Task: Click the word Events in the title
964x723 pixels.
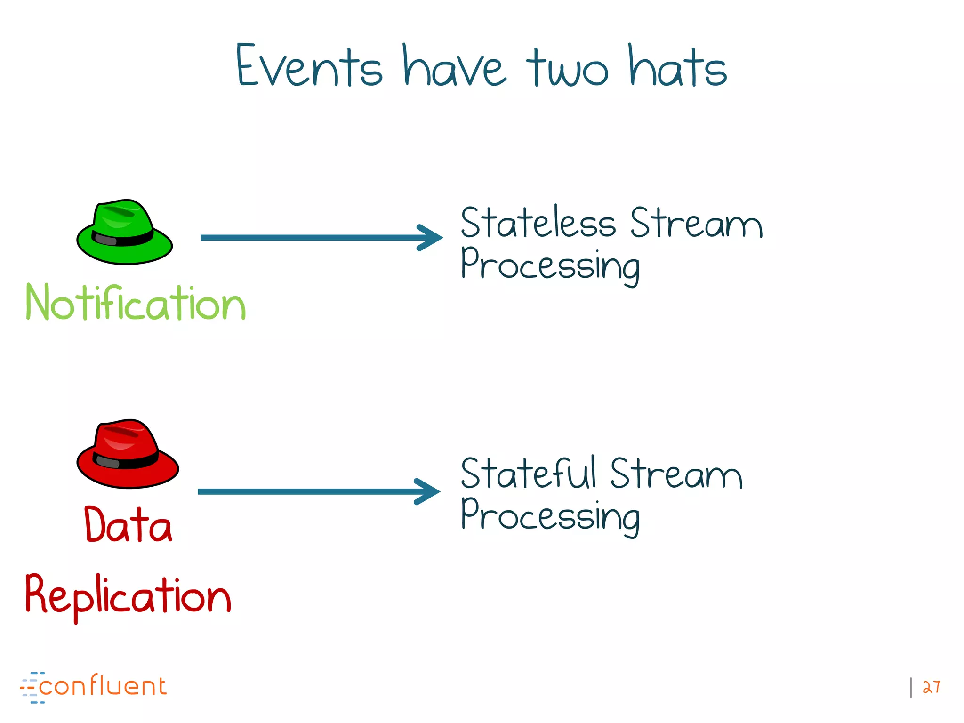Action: (x=308, y=66)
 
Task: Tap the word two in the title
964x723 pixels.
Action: (x=567, y=68)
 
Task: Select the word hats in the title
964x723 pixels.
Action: (x=678, y=66)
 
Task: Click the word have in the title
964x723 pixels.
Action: (x=454, y=66)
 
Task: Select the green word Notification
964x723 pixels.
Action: (x=136, y=304)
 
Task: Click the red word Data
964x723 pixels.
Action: (x=128, y=525)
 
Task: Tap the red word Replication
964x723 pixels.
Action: (x=128, y=595)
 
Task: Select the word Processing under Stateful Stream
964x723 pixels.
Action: (x=550, y=516)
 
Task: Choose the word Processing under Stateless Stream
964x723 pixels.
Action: (x=550, y=265)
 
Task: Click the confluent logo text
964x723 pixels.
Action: (x=102, y=686)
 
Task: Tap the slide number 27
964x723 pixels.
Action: (x=931, y=687)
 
